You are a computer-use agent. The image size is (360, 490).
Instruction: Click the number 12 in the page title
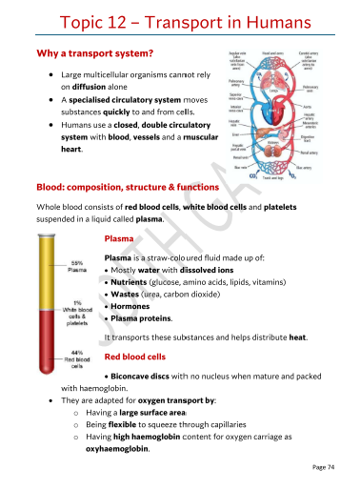[122, 22]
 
